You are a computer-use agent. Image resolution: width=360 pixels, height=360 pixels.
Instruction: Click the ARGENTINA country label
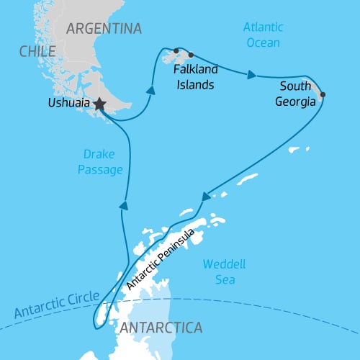pos(104,28)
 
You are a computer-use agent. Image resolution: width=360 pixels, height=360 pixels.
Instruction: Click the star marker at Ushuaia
pos(99,105)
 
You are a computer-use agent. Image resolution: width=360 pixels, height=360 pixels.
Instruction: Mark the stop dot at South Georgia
pos(322,94)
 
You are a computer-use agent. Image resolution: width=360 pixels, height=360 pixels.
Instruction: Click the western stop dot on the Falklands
pos(176,50)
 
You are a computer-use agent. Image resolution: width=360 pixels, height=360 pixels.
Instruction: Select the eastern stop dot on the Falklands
pos(191,55)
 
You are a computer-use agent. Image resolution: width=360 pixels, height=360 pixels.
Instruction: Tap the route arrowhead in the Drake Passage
pos(124,205)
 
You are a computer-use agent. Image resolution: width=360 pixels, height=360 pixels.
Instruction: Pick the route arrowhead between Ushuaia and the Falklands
pos(151,90)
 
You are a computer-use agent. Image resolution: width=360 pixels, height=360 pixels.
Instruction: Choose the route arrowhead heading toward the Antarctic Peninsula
pos(207,194)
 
